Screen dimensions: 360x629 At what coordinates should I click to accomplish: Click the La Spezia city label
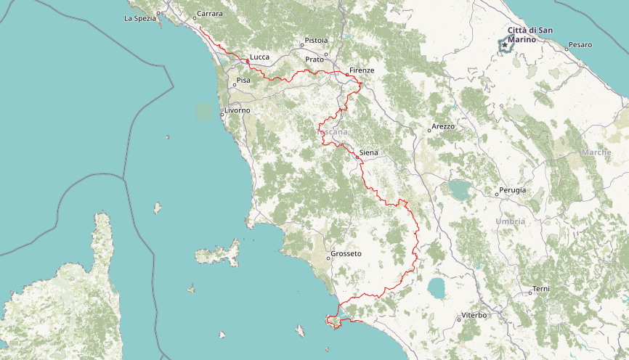point(140,18)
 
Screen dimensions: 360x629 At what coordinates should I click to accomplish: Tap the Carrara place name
point(209,14)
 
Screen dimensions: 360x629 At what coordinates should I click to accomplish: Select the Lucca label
point(259,56)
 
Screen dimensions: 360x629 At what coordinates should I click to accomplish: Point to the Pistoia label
point(316,40)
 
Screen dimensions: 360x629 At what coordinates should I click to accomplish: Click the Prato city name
point(314,59)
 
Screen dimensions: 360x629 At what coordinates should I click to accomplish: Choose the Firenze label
point(361,70)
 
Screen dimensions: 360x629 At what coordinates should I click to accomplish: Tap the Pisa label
point(243,80)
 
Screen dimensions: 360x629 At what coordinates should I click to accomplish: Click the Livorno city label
point(237,110)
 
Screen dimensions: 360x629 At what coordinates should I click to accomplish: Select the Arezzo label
point(442,126)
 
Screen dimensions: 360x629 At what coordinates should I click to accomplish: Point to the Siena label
point(368,152)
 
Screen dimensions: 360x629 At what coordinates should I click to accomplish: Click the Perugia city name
point(512,190)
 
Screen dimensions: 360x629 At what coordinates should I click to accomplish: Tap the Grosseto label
point(346,253)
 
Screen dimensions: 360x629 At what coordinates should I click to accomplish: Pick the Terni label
point(541,289)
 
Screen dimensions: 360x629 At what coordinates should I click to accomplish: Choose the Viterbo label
point(474,316)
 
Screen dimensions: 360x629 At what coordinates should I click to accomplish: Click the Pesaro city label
point(580,45)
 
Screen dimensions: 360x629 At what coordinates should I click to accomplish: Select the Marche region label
point(596,152)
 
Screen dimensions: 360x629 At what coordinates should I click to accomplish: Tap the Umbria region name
point(510,221)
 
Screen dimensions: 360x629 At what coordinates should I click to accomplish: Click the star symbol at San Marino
point(505,45)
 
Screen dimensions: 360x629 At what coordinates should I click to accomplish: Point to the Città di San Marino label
point(530,34)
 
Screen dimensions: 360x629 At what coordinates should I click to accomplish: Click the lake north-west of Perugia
point(459,190)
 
